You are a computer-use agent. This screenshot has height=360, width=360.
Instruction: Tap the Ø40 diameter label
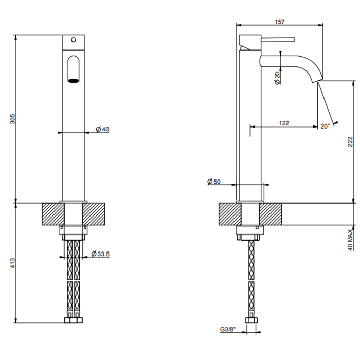pyautogui.click(x=102, y=129)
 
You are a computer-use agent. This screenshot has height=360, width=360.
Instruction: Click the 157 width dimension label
pyautogui.click(x=280, y=22)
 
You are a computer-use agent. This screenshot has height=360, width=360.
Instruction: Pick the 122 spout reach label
pyautogui.click(x=283, y=123)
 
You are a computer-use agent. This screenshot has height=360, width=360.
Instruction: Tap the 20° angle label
pyautogui.click(x=325, y=125)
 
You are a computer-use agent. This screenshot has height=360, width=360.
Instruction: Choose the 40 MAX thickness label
pyautogui.click(x=350, y=240)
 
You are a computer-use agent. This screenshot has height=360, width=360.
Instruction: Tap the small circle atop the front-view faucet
pyautogui.click(x=73, y=40)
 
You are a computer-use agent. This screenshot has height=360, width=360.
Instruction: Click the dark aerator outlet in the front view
pyautogui.click(x=73, y=80)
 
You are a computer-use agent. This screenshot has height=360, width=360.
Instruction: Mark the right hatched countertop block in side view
pyautogui.click(x=271, y=213)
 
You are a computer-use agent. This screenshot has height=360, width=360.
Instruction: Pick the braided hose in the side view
pyautogui.click(x=251, y=278)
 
